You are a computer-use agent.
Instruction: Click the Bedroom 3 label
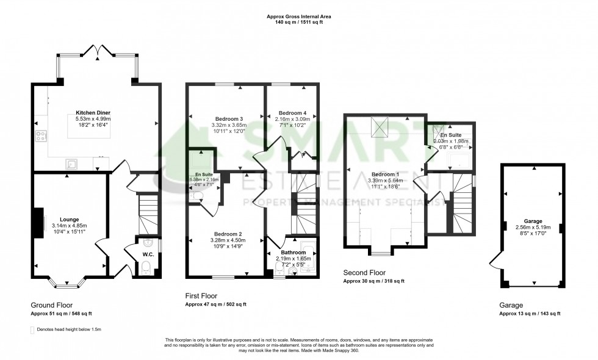pyautogui.click(x=229, y=118)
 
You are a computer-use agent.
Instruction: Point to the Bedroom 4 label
pyautogui.click(x=292, y=113)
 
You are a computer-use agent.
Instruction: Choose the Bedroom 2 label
pyautogui.click(x=228, y=234)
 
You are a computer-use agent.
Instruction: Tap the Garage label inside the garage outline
pyautogui.click(x=533, y=221)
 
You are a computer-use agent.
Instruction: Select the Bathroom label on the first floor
pyautogui.click(x=293, y=252)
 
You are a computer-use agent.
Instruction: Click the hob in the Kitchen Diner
pyautogui.click(x=42, y=137)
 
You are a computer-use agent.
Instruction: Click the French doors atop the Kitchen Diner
pyautogui.click(x=97, y=51)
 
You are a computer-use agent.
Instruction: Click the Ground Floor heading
pyautogui.click(x=51, y=305)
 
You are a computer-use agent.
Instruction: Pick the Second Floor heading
pyautogui.click(x=364, y=273)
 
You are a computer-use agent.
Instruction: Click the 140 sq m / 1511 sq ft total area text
pyautogui.click(x=298, y=22)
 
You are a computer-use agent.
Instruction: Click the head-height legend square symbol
pyautogui.click(x=32, y=329)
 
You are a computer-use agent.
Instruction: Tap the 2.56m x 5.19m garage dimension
pyautogui.click(x=533, y=227)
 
